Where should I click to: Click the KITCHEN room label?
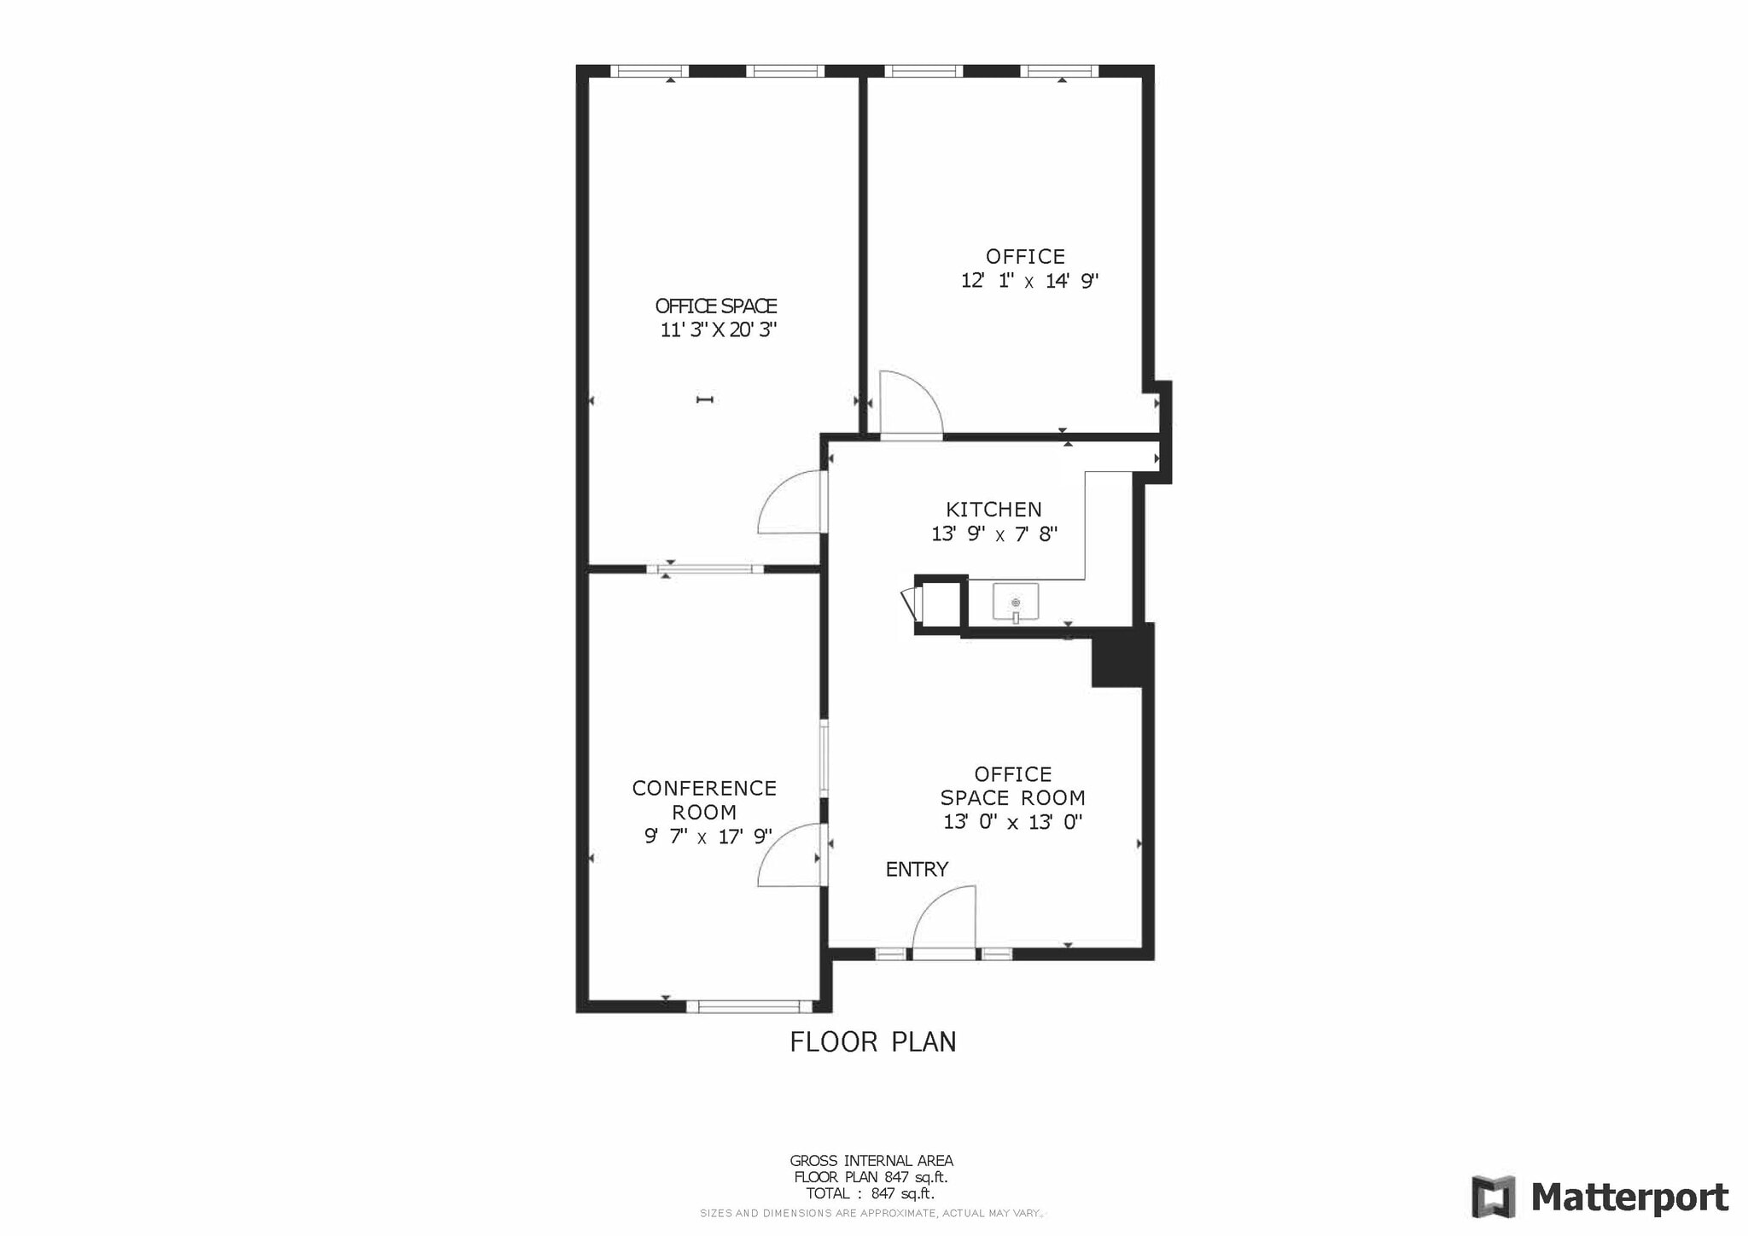tap(993, 510)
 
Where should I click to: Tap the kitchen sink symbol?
tap(1016, 603)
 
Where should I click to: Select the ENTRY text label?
tap(917, 869)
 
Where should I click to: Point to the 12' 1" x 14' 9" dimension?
tap(1029, 281)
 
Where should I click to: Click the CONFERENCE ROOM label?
tap(704, 800)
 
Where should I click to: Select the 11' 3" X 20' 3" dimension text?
tap(718, 329)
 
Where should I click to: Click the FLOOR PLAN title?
tap(872, 1042)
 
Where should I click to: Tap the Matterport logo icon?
tap(1493, 1197)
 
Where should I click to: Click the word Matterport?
tap(1629, 1198)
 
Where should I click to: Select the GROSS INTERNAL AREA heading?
tap(871, 1161)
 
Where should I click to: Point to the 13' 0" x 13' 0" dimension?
tap(1012, 822)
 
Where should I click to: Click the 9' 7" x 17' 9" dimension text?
tap(708, 837)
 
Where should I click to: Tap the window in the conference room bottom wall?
tap(749, 1007)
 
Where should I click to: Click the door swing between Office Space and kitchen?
tap(790, 504)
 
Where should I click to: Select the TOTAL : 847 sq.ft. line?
tap(870, 1193)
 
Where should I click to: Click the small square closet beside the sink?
tap(941, 604)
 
